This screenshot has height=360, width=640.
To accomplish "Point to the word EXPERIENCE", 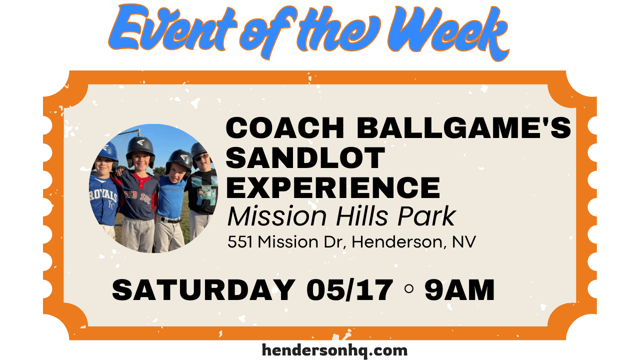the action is [x=333, y=187].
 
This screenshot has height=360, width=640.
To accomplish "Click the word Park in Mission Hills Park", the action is [x=426, y=216].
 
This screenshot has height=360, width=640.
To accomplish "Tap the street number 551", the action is [x=240, y=242].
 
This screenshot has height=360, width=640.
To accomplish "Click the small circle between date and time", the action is [x=409, y=289].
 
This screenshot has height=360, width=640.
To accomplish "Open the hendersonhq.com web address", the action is [x=334, y=350].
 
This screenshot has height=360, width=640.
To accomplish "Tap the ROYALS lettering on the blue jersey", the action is [x=103, y=195].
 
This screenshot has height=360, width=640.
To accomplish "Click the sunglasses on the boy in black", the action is [x=201, y=157].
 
